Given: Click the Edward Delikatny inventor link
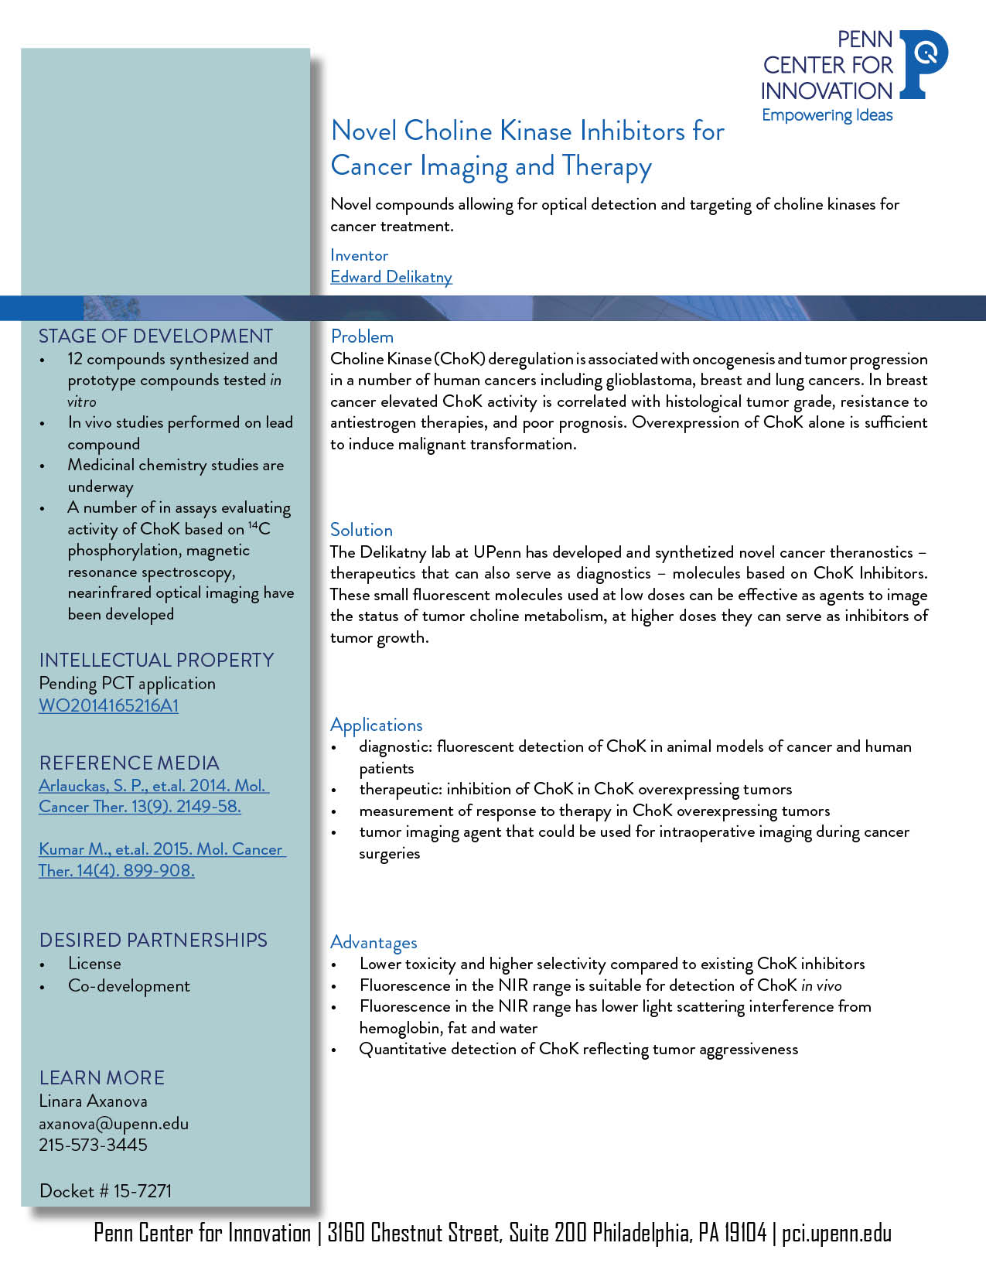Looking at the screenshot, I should coord(391,277).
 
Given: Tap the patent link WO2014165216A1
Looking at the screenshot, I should coord(108,705).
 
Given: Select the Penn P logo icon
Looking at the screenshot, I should coord(925,63).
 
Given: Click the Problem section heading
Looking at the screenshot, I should coord(362,336).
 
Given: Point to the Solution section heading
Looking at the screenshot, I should coord(361,530).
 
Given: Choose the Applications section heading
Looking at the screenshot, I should coord(376,725).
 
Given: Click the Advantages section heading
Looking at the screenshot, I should coord(374,942).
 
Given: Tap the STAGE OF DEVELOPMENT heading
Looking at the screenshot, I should coord(155,336).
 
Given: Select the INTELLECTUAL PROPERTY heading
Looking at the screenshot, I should coord(156,660).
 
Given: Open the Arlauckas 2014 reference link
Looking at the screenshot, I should coord(153,796).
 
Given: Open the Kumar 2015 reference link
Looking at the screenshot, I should coord(162,859).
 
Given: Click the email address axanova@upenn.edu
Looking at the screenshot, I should coord(114,1123).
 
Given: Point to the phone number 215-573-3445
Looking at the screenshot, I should coord(93,1145).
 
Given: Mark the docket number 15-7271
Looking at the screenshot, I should coord(105,1190).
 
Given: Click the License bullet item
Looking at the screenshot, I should coord(94,964).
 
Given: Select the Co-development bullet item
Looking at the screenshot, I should coord(128,986).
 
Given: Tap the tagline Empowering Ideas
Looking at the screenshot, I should coord(827,115).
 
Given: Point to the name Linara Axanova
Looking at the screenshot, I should coord(93,1101).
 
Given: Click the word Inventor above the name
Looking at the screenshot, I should coord(359,255).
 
